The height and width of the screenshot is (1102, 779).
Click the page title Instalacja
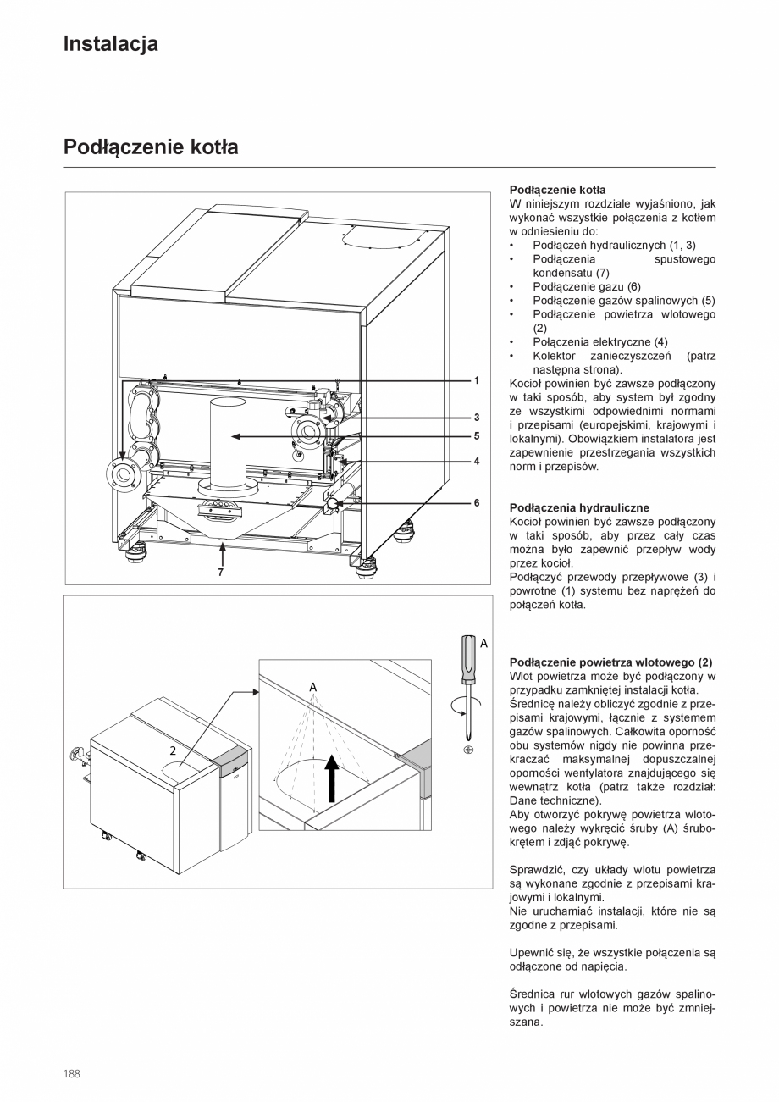(110, 44)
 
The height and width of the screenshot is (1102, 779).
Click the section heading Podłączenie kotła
(151, 147)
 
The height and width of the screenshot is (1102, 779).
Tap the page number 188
(72, 1074)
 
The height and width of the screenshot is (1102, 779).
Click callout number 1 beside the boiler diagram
(477, 380)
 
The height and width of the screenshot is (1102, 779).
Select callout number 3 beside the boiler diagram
(477, 418)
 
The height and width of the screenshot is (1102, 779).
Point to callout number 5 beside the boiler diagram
(477, 436)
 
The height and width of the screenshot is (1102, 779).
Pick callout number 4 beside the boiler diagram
(477, 462)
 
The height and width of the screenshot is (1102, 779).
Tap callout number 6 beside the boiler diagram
(477, 502)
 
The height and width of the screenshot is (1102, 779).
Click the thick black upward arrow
(332, 778)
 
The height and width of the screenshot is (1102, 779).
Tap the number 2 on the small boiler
(173, 750)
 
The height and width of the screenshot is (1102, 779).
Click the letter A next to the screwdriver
(483, 644)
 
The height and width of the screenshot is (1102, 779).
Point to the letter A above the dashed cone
(312, 685)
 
